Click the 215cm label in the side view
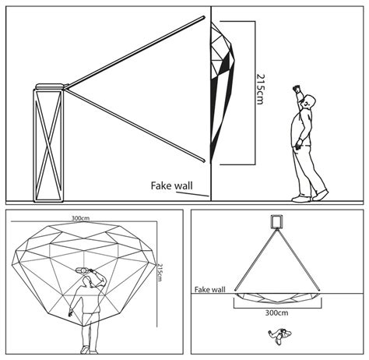point(260,89)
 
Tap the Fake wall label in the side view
point(172,185)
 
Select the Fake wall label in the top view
point(210,290)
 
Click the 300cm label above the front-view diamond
point(81,218)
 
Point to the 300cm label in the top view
point(276,312)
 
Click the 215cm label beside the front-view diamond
point(160,273)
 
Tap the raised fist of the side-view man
point(296,88)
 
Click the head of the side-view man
point(310,101)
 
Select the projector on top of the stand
point(50,86)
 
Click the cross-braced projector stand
point(48,146)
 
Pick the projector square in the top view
point(276,221)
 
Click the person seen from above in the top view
point(279,335)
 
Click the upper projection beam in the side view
point(135,53)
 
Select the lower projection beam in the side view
point(135,125)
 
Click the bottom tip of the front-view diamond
point(84,326)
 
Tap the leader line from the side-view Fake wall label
point(192,194)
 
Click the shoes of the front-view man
point(88,350)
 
